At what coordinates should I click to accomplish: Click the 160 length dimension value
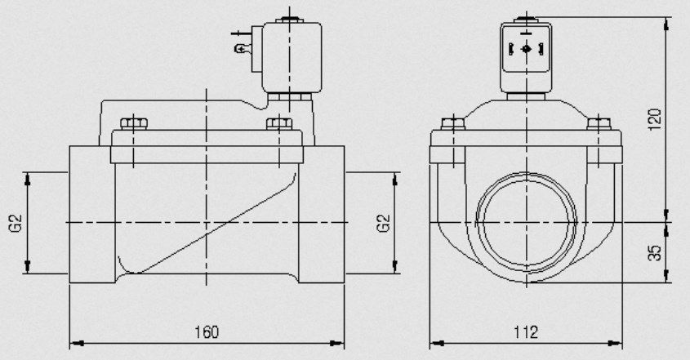pos(207,331)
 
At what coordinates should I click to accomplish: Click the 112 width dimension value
pos(526,331)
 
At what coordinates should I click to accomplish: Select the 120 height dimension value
pos(655,119)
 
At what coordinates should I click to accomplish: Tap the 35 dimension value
pos(655,252)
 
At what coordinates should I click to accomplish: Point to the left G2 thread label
pos(16,223)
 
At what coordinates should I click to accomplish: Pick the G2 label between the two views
pos(383,223)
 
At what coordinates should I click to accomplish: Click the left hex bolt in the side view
pos(134,123)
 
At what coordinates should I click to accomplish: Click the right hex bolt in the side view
pos(279,123)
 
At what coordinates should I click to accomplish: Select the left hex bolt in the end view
pos(453,123)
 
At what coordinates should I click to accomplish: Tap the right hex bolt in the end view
pos(599,123)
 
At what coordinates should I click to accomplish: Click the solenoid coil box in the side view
pos(292,57)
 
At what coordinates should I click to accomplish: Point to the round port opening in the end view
pos(527,223)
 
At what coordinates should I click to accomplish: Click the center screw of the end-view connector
pos(527,49)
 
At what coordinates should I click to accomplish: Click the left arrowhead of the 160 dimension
pos(77,344)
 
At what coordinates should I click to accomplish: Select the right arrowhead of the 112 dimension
pos(615,344)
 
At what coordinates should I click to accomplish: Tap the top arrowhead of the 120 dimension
pos(666,24)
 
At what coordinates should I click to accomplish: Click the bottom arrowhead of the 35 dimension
pos(666,275)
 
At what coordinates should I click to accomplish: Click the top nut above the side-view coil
pos(289,20)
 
